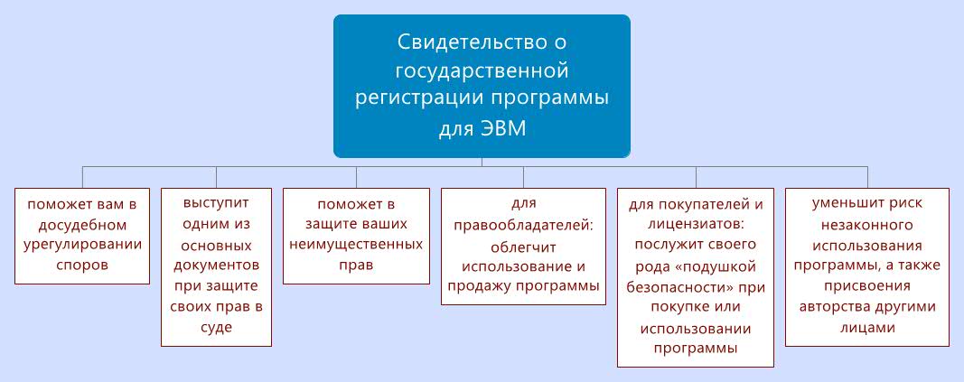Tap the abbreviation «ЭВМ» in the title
[503, 130]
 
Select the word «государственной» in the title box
[482, 72]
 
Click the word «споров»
[82, 266]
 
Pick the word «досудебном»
[82, 224]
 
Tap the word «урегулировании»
[82, 245]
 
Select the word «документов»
[216, 266]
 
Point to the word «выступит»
[216, 202]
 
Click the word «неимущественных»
[356, 245]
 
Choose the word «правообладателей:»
[524, 224]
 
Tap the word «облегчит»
[523, 247]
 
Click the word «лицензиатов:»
[696, 224]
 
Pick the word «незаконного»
[867, 224]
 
